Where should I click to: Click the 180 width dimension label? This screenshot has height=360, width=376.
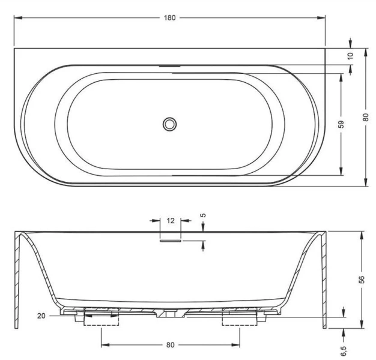(x=169, y=18)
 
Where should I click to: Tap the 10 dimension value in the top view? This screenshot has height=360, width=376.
(x=350, y=56)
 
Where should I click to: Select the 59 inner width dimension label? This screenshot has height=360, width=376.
(x=341, y=124)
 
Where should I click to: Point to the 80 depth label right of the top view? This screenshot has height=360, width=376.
(x=365, y=118)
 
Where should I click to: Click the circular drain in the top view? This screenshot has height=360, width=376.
(x=170, y=124)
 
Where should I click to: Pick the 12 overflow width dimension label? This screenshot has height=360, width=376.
(x=170, y=221)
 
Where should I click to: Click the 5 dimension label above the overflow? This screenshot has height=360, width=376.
(x=203, y=215)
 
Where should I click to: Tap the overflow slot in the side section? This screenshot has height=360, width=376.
(x=170, y=241)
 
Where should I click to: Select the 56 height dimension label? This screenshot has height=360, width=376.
(x=362, y=280)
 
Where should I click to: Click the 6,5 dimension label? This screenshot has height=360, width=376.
(x=344, y=351)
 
